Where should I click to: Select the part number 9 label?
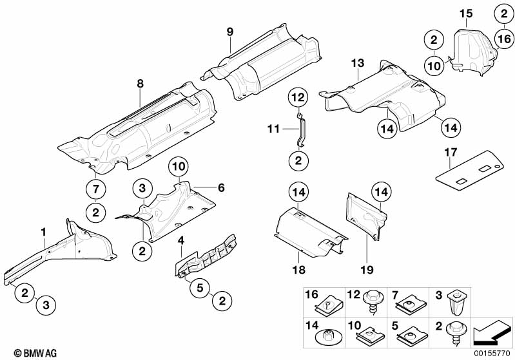point(229,32)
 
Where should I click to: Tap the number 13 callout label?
point(358,63)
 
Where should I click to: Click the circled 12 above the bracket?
point(297,98)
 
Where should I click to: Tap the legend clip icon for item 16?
point(329,300)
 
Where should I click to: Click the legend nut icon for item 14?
point(329,334)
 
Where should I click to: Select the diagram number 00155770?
point(492,353)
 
